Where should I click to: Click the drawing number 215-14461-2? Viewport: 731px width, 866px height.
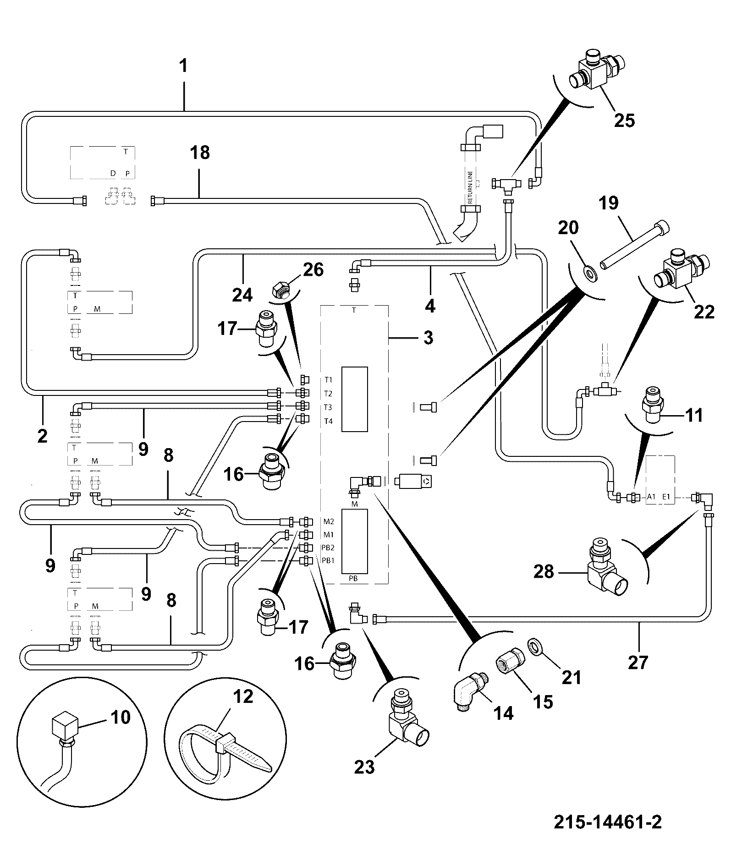coord(607,822)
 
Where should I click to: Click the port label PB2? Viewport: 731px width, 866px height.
coord(328,548)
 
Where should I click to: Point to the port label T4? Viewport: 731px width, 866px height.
coord(329,422)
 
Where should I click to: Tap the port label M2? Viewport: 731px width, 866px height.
coord(329,521)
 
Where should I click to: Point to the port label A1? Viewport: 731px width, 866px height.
coord(651,496)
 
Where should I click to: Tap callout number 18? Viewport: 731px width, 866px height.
coord(199,152)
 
